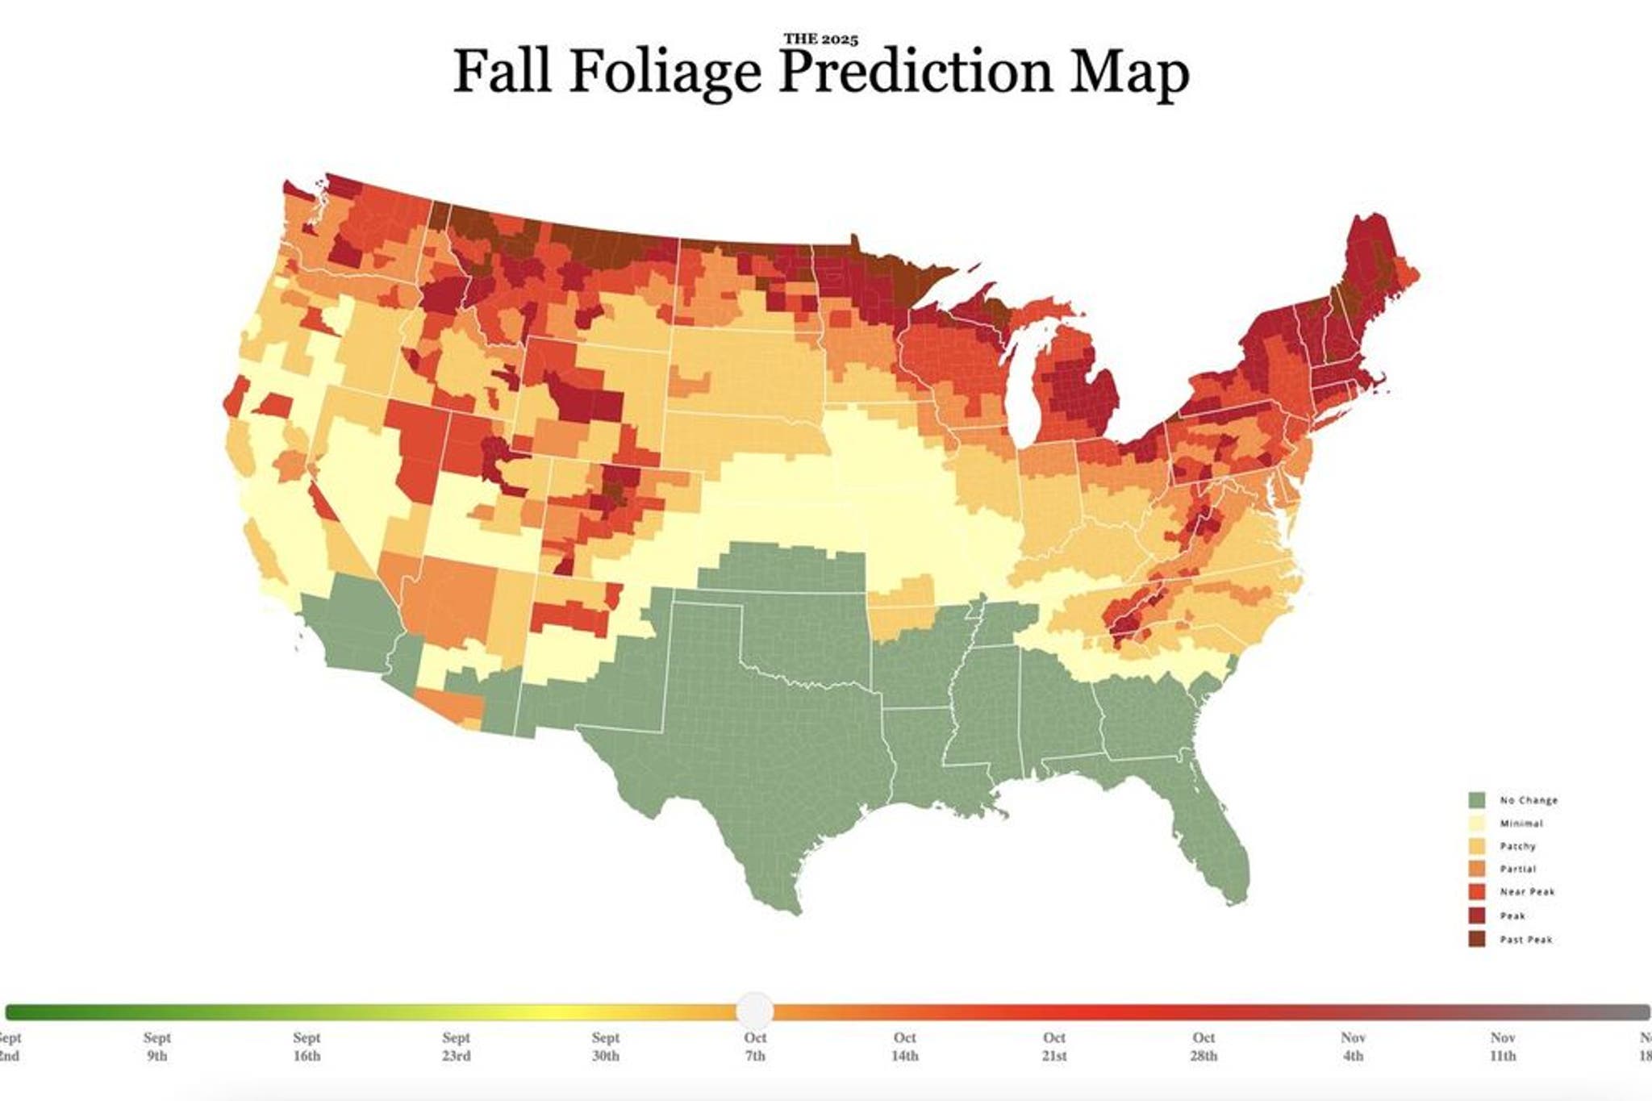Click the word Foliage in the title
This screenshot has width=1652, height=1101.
[665, 71]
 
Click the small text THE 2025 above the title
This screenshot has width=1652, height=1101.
[820, 39]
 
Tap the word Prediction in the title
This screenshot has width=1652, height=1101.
[917, 71]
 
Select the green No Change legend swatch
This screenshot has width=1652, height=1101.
[1476, 800]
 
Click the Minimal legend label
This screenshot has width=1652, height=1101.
[1521, 824]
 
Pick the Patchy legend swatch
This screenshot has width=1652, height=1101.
[1476, 846]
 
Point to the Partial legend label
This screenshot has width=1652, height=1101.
[1518, 870]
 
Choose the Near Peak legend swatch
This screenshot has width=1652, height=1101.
[1476, 892]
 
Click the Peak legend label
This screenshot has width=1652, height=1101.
[1512, 915]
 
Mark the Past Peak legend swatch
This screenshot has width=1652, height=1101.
[1476, 939]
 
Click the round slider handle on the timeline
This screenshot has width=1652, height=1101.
[755, 1010]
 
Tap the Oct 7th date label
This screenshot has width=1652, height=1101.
[755, 1046]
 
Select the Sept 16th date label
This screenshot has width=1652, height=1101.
[307, 1046]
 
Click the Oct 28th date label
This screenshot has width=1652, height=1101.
[1204, 1046]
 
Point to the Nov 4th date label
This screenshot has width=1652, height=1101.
[1353, 1046]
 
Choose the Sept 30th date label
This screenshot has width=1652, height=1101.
[606, 1046]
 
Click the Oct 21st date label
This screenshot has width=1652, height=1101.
[1054, 1046]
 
